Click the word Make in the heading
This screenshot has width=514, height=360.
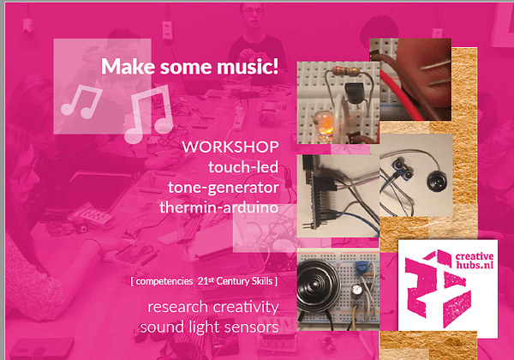point(123,66)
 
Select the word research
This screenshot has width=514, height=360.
point(180,307)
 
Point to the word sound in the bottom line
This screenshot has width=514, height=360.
point(160,327)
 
